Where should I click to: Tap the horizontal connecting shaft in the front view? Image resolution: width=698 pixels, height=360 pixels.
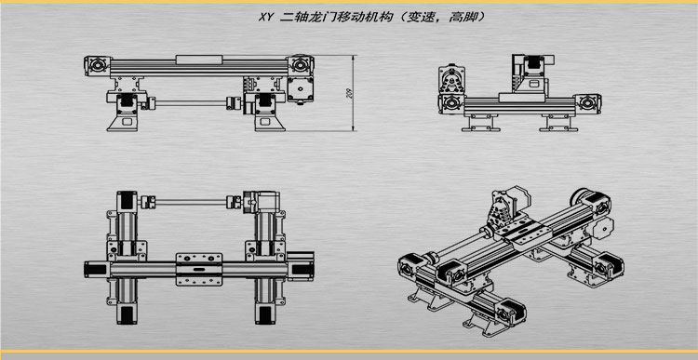(191, 101)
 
